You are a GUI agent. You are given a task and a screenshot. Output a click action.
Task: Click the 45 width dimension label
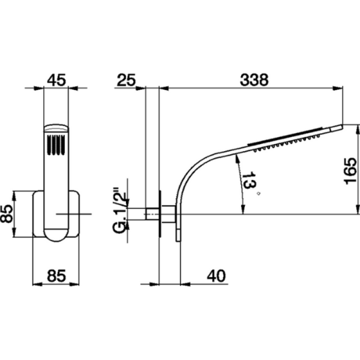click(x=57, y=80)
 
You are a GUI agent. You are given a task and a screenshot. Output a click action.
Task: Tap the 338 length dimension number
click(x=254, y=80)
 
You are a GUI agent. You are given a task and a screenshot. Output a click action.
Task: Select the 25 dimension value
click(x=126, y=80)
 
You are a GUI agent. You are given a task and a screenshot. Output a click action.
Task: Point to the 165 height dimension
click(x=351, y=171)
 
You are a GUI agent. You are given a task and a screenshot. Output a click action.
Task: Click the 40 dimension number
click(x=216, y=276)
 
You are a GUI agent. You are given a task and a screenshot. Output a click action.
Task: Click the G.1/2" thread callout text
click(x=120, y=211)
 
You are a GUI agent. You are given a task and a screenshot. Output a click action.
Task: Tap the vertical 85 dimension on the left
click(x=6, y=214)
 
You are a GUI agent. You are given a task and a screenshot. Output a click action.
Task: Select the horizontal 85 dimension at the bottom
click(x=56, y=276)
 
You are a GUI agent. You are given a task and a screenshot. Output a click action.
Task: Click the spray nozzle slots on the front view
click(x=56, y=145)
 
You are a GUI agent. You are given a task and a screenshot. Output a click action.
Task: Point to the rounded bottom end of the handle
click(x=56, y=234)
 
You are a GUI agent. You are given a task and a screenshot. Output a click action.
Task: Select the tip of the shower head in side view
click(x=342, y=126)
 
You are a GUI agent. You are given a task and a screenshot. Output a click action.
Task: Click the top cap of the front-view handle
click(x=56, y=129)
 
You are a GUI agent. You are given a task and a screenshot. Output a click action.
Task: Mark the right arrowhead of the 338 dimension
click(x=338, y=88)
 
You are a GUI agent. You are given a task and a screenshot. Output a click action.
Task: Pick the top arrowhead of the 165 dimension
click(x=357, y=129)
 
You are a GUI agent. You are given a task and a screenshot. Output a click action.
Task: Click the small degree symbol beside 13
click(x=259, y=193)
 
